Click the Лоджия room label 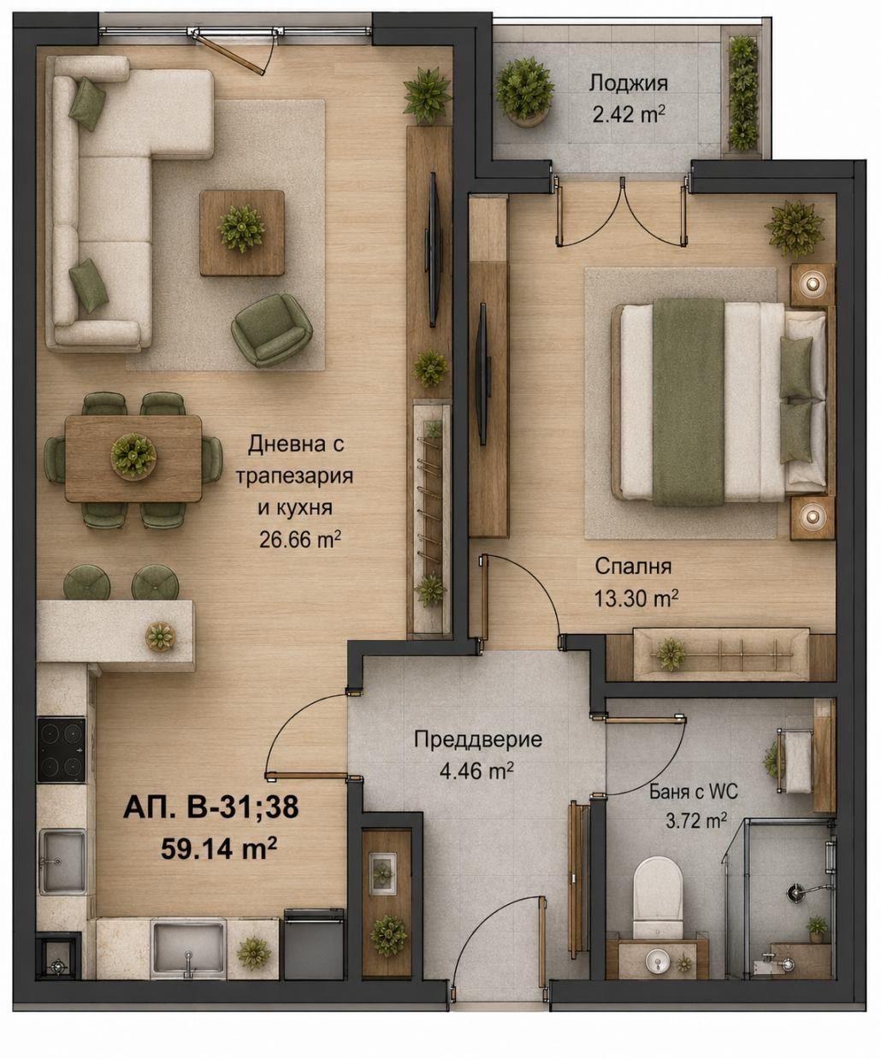(x=628, y=84)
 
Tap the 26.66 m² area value (x=299, y=540)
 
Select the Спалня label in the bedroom (x=633, y=566)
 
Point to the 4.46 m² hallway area (x=476, y=772)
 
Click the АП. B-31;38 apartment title (x=211, y=808)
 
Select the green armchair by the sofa (x=271, y=330)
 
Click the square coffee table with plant (x=242, y=233)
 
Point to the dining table (x=133, y=459)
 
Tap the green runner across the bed (x=689, y=402)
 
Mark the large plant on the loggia (x=524, y=90)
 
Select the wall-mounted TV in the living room (x=433, y=250)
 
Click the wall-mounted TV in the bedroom (x=483, y=375)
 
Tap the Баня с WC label (x=694, y=792)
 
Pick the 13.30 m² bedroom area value (x=636, y=599)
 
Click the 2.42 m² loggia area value (x=629, y=115)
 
